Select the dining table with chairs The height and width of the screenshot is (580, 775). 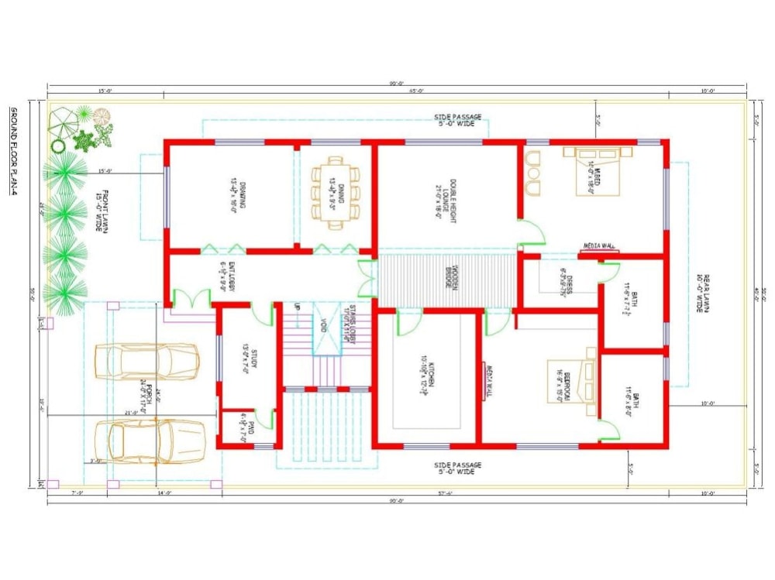[336, 194]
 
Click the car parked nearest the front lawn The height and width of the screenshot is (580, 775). [147, 361]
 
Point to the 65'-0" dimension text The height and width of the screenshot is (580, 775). [416, 91]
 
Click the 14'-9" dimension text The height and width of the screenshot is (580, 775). [164, 492]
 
